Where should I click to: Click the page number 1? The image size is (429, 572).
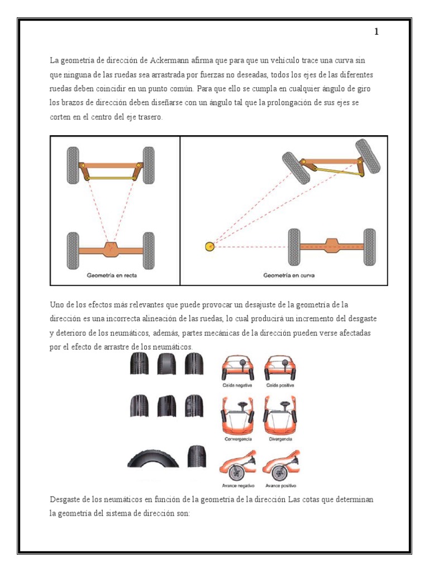coord(376,32)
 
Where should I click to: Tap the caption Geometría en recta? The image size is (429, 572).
coord(112,275)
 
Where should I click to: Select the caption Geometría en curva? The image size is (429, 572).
coord(289,275)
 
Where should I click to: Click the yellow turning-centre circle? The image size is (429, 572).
coord(210,246)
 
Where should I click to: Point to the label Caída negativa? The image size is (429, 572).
coord(237,385)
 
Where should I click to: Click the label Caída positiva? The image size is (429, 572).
coord(280,385)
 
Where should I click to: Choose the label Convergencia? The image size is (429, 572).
coord(238,439)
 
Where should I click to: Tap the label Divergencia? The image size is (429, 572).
coord(280,439)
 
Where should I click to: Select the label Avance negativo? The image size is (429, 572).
coord(238,485)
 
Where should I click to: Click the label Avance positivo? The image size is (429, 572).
coord(281,485)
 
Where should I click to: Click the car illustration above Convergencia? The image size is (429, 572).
coord(238,416)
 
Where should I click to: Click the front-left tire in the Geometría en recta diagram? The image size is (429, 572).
coord(73,165)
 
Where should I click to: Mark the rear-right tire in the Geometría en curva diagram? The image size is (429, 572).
coord(370,247)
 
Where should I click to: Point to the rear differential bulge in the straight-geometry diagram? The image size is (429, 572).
coord(111,249)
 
